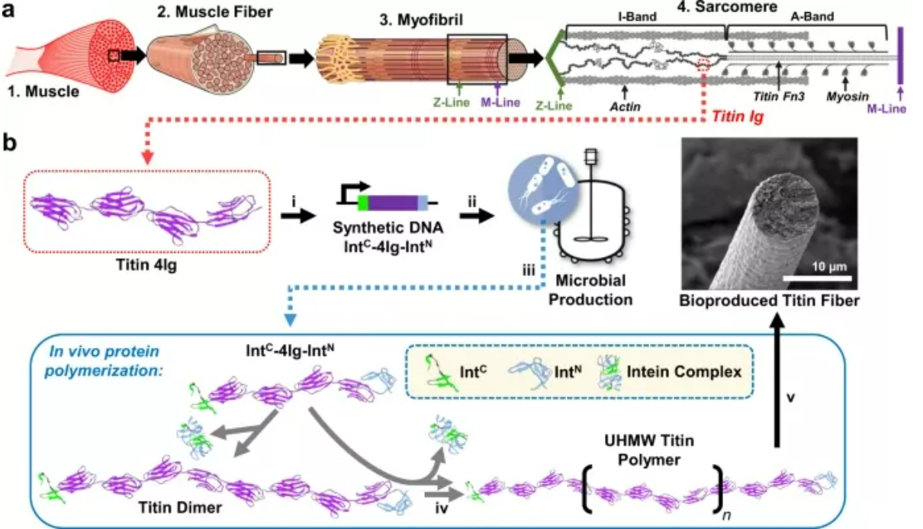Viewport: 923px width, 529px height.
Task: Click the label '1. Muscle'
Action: [x=44, y=93]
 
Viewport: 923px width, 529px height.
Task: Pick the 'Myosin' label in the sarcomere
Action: [x=846, y=98]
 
